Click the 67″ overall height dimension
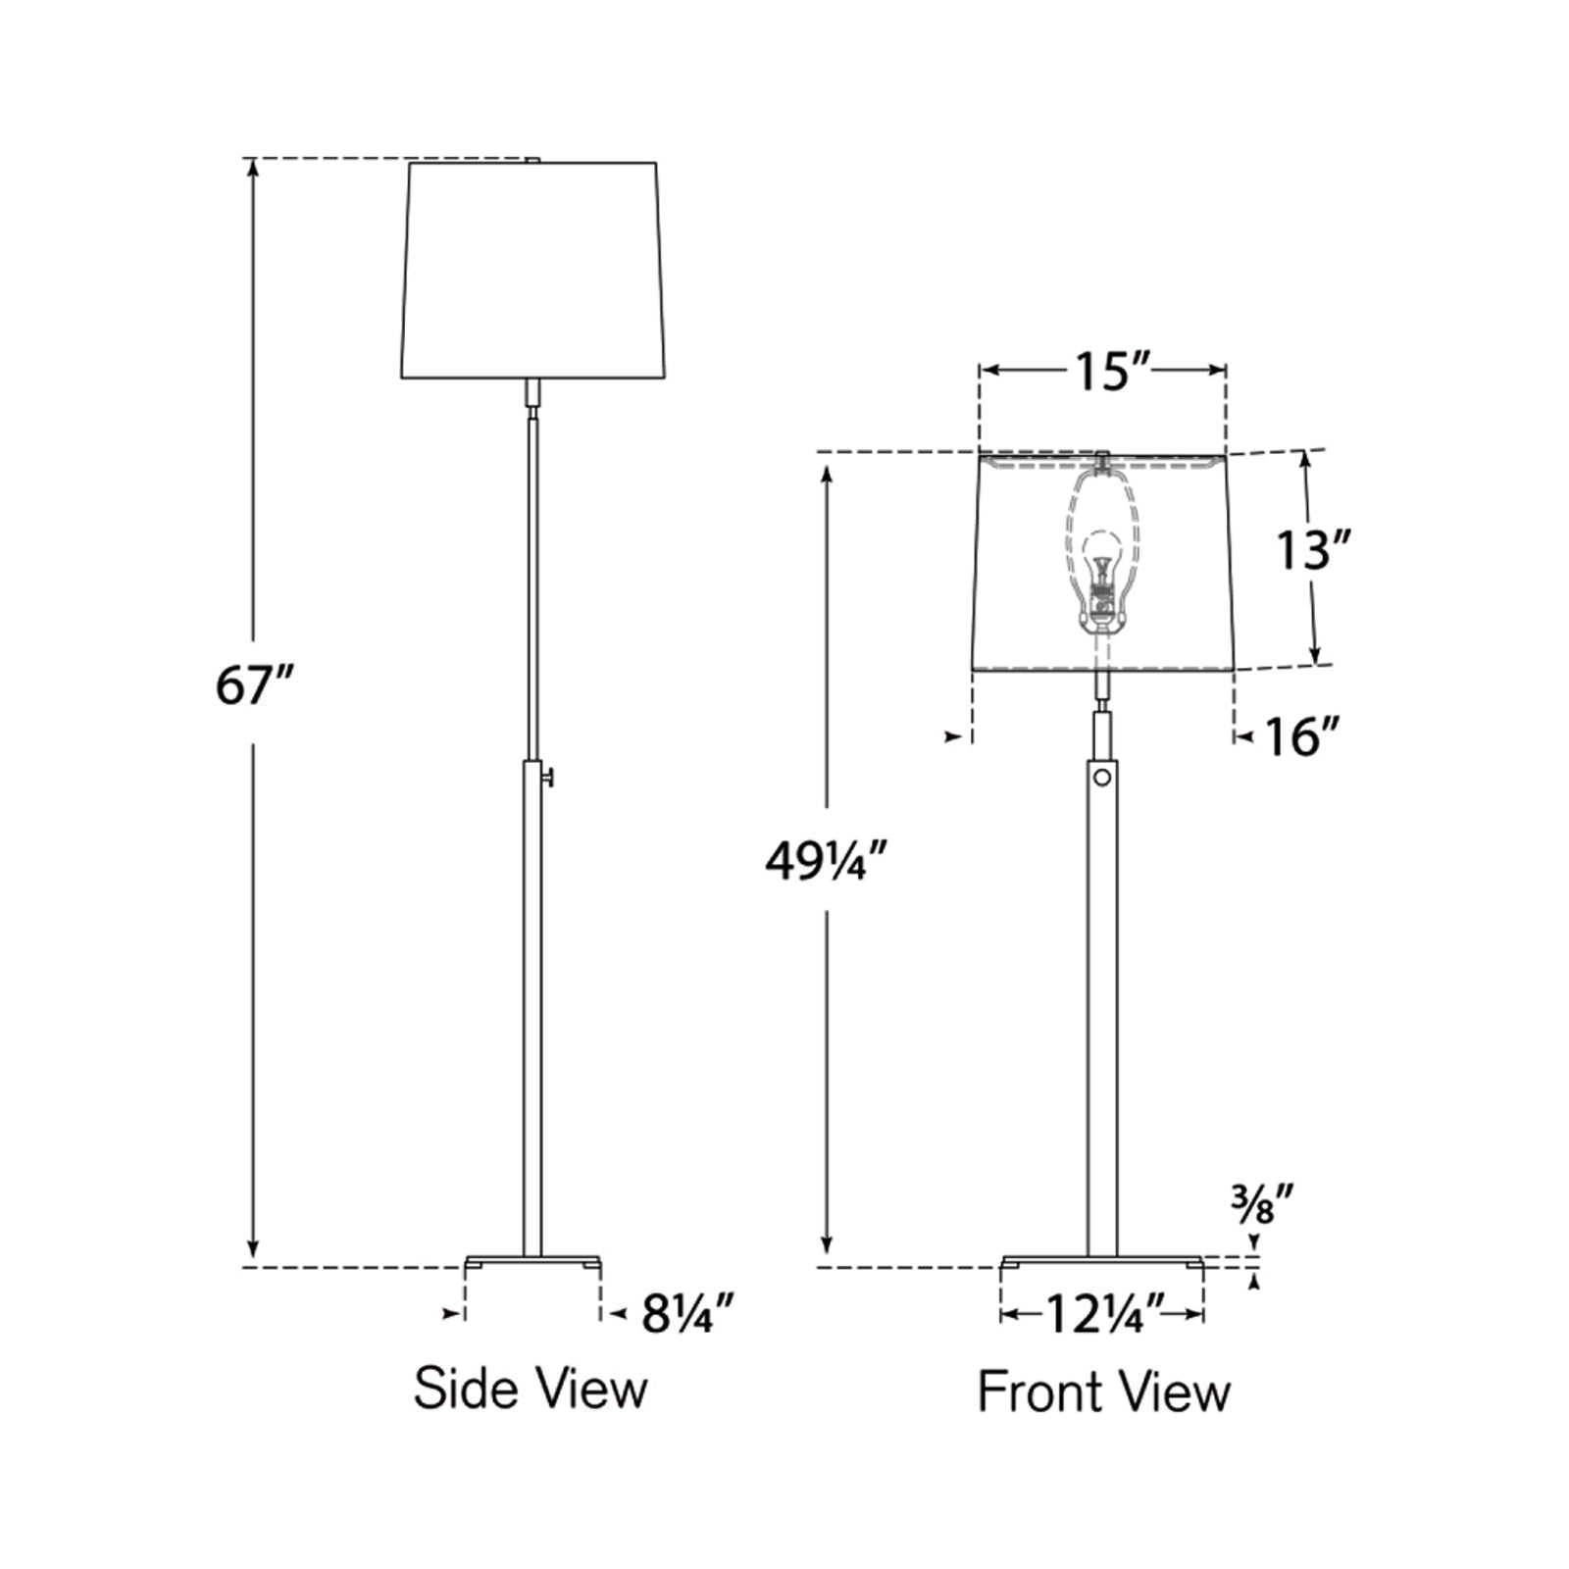coord(254,683)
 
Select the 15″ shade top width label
coord(1103,371)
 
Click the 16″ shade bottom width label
coord(1301,736)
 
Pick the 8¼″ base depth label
coord(687,1314)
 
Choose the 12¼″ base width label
coord(1102,1314)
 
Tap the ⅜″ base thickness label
coord(1263,1203)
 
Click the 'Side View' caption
coord(531,1389)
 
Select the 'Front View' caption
coord(1103,1392)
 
